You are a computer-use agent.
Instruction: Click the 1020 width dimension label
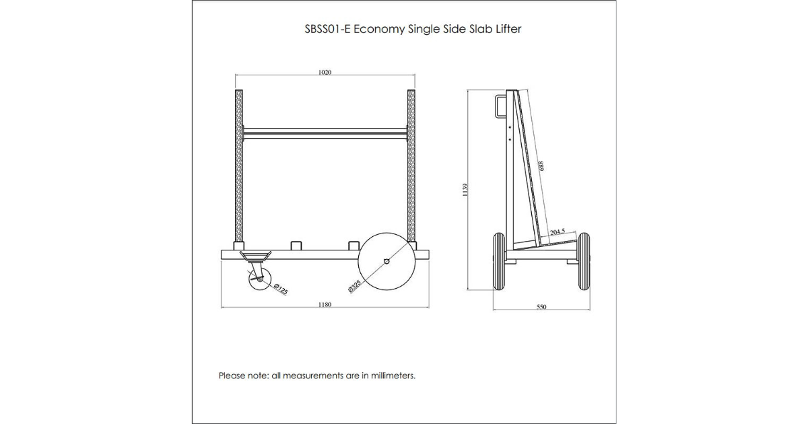click(325, 73)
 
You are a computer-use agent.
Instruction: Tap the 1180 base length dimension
click(325, 305)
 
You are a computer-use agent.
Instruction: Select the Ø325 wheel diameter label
click(355, 286)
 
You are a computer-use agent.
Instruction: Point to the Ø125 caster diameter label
click(281, 289)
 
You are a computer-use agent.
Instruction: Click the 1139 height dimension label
click(465, 190)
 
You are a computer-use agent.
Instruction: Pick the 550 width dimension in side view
click(541, 307)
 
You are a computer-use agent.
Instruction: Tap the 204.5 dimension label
click(558, 232)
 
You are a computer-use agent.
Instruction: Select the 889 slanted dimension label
click(541, 166)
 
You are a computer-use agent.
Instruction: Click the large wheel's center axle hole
click(386, 261)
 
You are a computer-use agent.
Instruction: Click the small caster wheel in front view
click(260, 279)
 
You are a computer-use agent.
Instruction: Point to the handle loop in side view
click(500, 106)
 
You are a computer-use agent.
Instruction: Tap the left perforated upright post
click(239, 166)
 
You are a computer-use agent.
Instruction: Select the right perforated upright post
click(411, 166)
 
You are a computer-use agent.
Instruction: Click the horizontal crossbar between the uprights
click(325, 133)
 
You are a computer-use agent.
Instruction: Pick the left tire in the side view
click(499, 261)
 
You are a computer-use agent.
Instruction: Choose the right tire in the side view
click(584, 261)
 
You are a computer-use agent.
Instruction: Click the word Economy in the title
click(379, 29)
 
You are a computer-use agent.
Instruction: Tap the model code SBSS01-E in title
click(327, 29)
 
